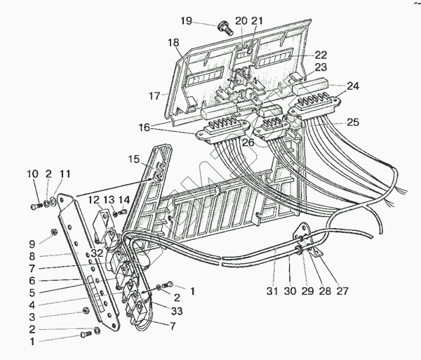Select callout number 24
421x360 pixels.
[352, 87]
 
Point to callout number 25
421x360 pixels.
[352, 121]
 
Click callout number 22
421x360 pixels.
[320, 55]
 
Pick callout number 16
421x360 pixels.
[144, 128]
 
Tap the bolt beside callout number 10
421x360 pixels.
[36, 206]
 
